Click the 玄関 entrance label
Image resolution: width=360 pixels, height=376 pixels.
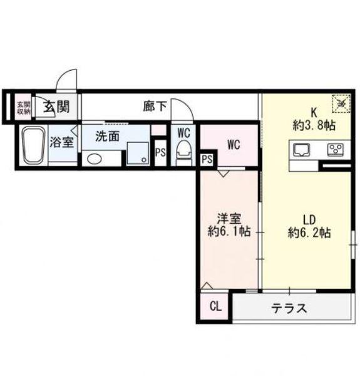pyautogui.click(x=56, y=107)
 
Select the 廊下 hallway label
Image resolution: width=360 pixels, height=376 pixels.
pyautogui.click(x=155, y=107)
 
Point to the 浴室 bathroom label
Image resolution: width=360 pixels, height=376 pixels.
pyautogui.click(x=62, y=141)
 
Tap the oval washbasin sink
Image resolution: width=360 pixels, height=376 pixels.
pyautogui.click(x=94, y=158)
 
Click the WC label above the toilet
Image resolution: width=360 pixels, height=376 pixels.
pyautogui.click(x=183, y=133)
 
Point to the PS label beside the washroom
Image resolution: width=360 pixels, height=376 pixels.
pyautogui.click(x=160, y=152)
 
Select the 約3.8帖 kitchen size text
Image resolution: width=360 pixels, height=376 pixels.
pyautogui.click(x=313, y=125)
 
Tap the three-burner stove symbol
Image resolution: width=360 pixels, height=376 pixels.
pyautogui.click(x=336, y=149)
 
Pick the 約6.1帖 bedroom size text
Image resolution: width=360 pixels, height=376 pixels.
pyautogui.click(x=230, y=231)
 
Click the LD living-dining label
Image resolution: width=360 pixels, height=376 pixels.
pyautogui.click(x=309, y=220)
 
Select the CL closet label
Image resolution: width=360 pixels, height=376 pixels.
pyautogui.click(x=215, y=306)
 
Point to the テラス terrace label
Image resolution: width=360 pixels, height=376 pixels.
pyautogui.click(x=289, y=308)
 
